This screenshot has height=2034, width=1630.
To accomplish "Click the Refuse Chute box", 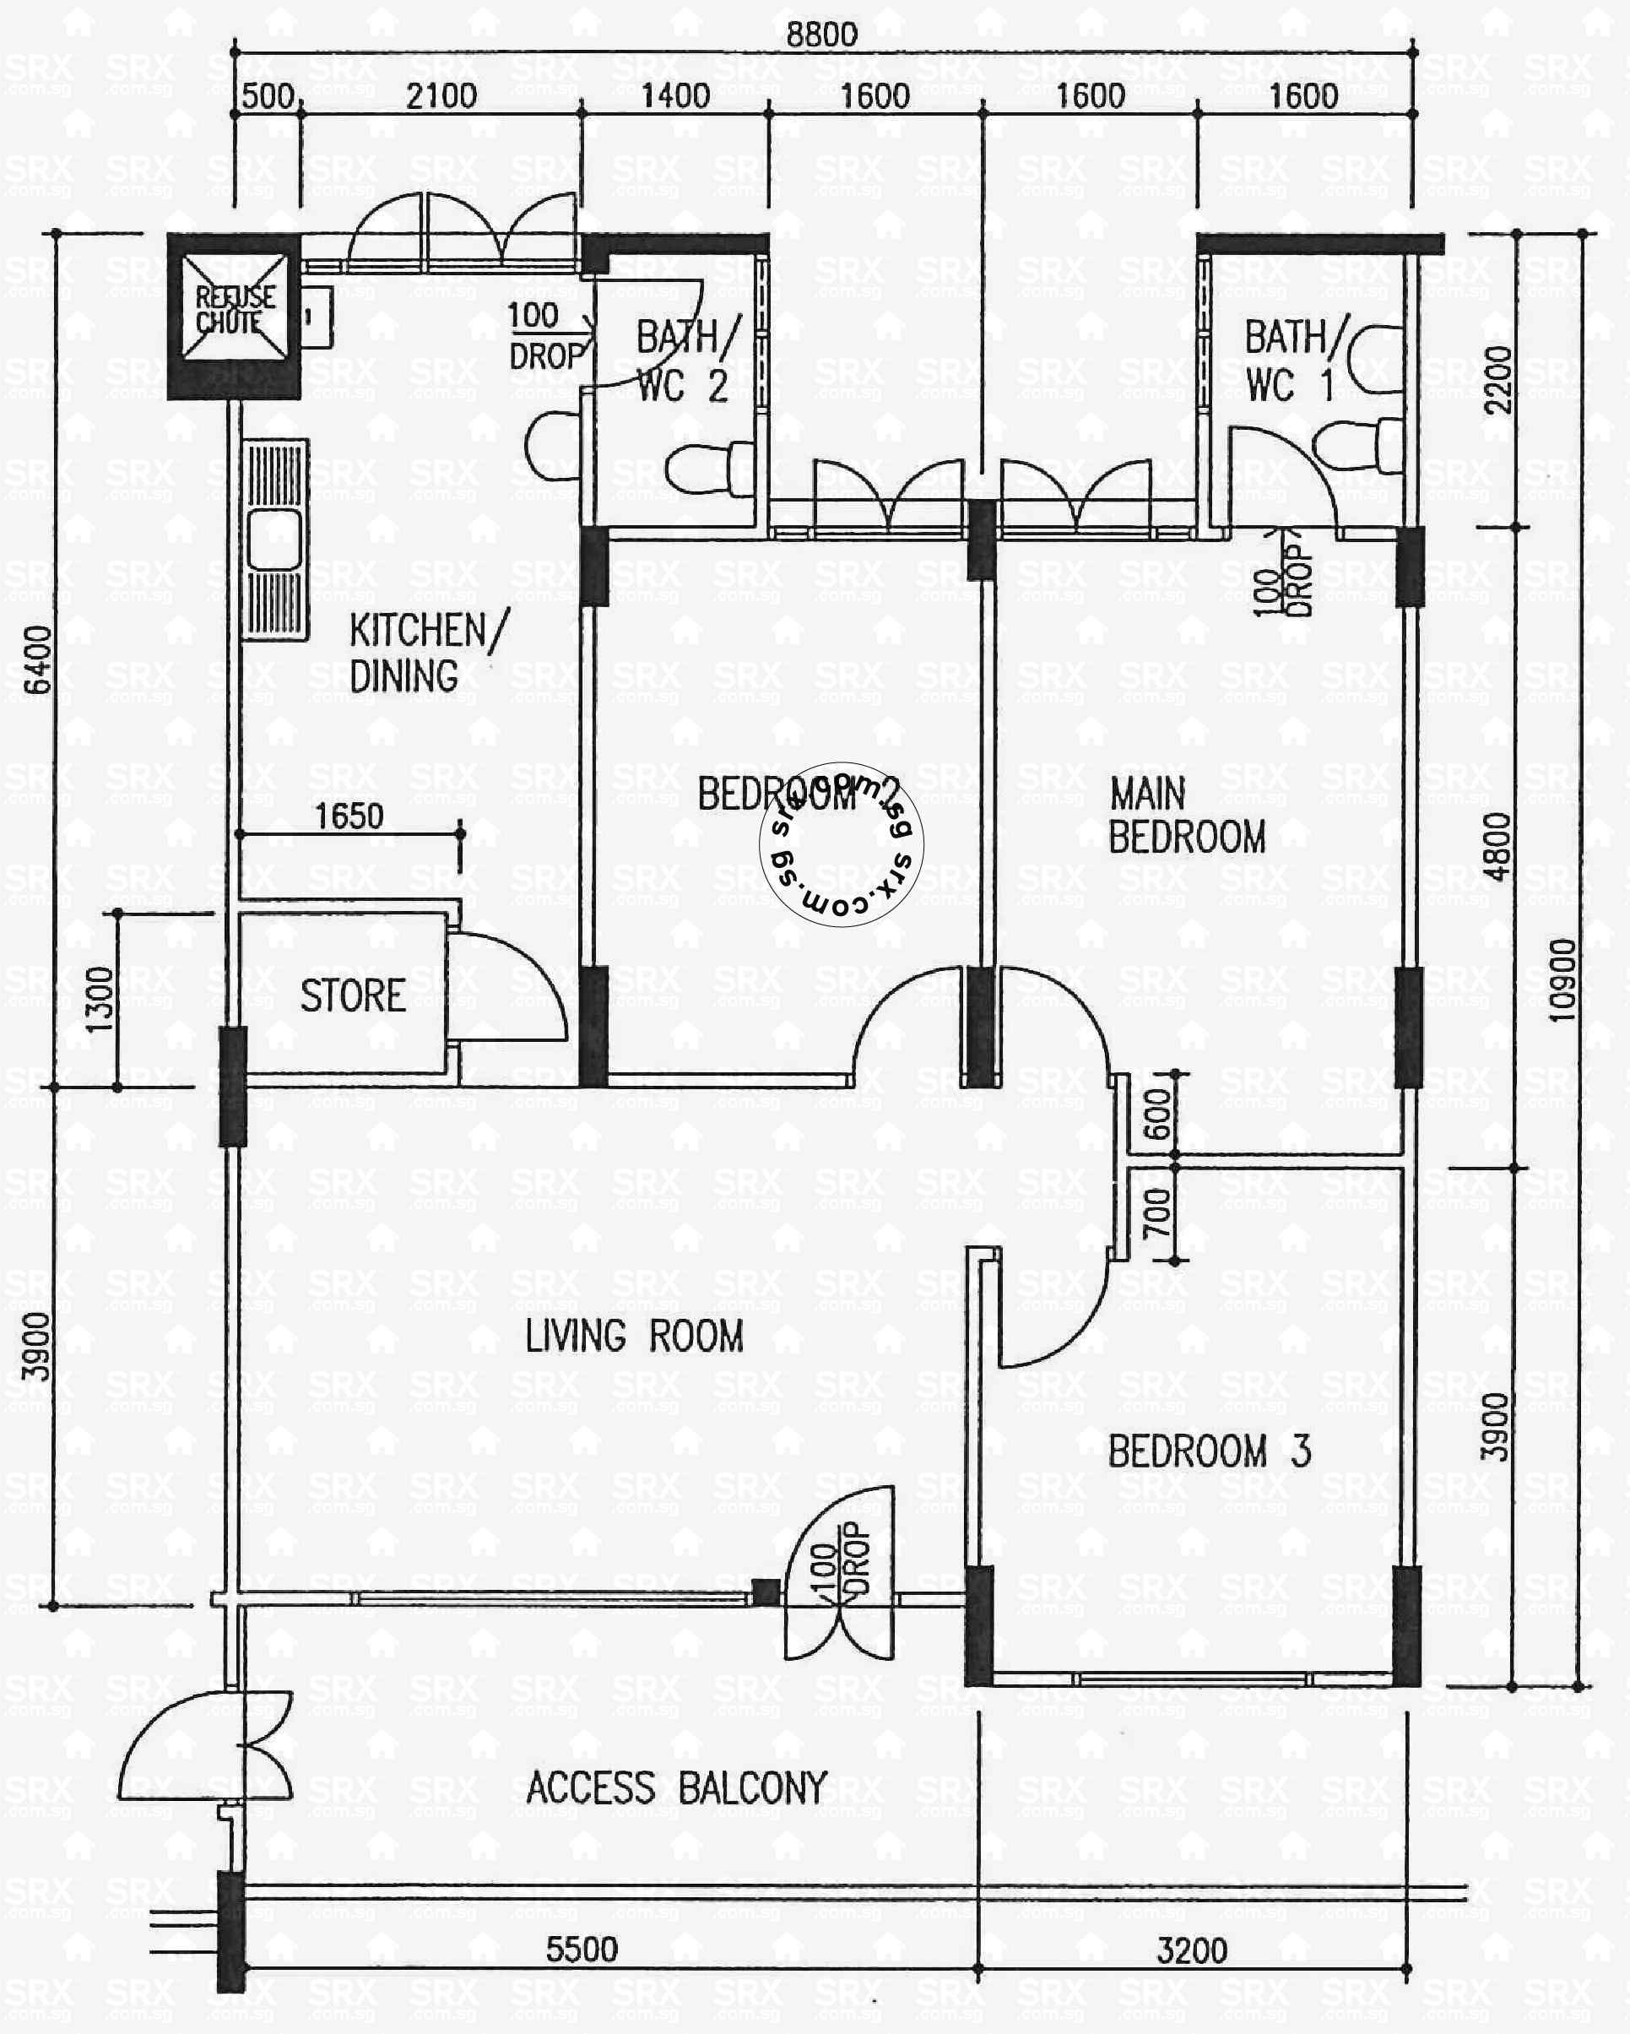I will coord(234,315).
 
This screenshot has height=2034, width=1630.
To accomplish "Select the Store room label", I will coord(353,996).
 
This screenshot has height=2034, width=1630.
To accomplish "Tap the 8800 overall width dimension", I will coord(821,35).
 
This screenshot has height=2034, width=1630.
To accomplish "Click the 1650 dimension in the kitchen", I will coord(348,816).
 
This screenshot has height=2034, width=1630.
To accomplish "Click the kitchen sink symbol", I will coord(274,540).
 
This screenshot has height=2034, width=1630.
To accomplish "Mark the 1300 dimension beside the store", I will coord(99,999).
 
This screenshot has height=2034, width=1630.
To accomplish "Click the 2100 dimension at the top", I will coord(441,96).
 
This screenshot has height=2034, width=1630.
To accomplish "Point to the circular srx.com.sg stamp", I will coord(841,844).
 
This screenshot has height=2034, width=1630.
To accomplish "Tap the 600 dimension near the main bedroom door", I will coord(1157,1115).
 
